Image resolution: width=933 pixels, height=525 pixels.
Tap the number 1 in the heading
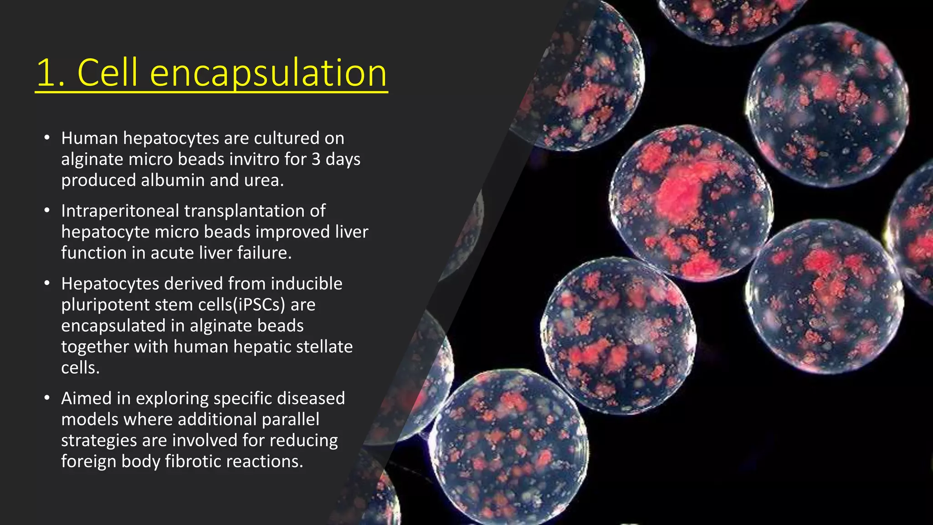click(47, 73)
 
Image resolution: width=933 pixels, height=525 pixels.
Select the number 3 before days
click(316, 160)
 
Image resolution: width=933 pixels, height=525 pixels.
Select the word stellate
click(324, 347)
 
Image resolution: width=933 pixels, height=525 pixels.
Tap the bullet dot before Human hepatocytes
click(47, 138)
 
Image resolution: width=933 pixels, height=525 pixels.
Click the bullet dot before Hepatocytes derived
click(47, 283)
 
